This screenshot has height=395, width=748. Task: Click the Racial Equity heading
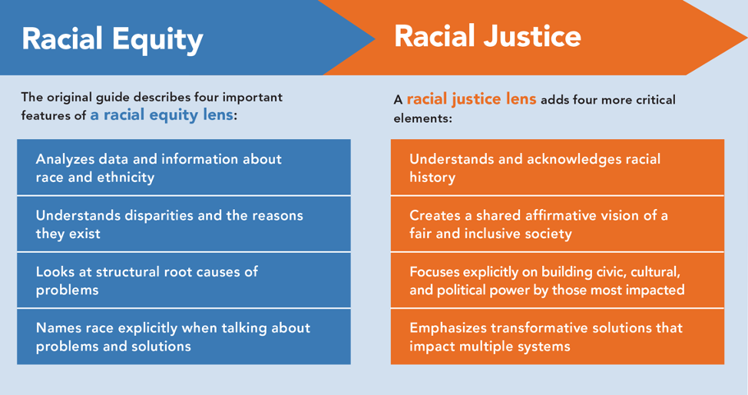(112, 38)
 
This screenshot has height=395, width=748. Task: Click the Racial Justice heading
(487, 35)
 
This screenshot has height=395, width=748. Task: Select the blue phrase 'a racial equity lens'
(161, 115)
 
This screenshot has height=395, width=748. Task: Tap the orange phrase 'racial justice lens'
(471, 100)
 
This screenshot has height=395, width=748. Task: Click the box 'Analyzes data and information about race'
(184, 168)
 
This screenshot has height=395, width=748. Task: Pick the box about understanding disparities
(184, 224)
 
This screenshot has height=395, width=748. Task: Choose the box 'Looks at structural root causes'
(184, 280)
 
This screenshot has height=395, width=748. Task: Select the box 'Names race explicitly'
(184, 337)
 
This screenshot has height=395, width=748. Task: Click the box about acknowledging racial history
(557, 168)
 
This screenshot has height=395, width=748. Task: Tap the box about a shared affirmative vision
(557, 224)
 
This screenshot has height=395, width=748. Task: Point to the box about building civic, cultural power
(557, 280)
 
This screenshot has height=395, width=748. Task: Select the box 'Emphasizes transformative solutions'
(557, 337)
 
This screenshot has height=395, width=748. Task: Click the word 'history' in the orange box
(432, 178)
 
